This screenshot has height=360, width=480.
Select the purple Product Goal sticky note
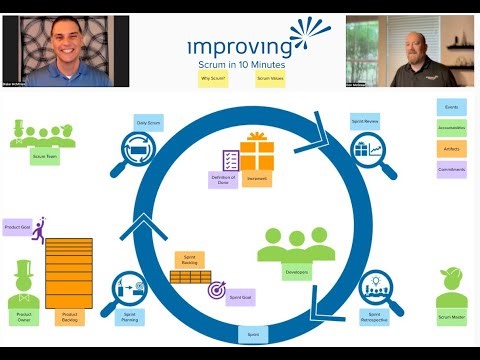click(x=16, y=226)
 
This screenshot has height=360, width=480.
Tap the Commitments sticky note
click(x=452, y=171)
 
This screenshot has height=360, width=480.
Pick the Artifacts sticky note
click(x=452, y=150)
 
